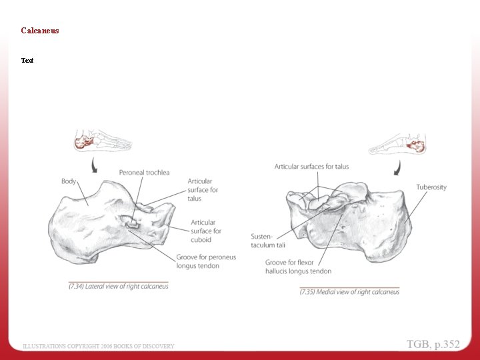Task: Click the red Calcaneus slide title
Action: [x=40, y=30]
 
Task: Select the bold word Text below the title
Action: [x=27, y=60]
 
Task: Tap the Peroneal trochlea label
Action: [x=144, y=173]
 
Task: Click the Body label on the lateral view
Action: [x=69, y=181]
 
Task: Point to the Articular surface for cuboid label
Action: [x=206, y=231]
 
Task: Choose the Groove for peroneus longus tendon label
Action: [x=206, y=261]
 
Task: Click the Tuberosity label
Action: [x=431, y=187]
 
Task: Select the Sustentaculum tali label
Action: [x=268, y=241]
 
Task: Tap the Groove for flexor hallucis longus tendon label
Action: [x=298, y=267]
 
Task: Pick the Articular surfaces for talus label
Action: [x=311, y=167]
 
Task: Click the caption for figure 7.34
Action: [x=119, y=286]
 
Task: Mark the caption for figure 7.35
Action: [x=349, y=292]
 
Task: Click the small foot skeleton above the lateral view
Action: [x=103, y=140]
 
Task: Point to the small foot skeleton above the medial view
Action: [x=397, y=144]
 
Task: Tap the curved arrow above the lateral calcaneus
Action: [x=94, y=165]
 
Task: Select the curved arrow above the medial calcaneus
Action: [x=397, y=168]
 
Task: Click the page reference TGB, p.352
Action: [x=433, y=344]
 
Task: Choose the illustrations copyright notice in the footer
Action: [x=98, y=346]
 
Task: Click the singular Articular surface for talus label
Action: [x=203, y=190]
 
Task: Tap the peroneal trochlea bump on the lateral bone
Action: [x=131, y=222]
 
